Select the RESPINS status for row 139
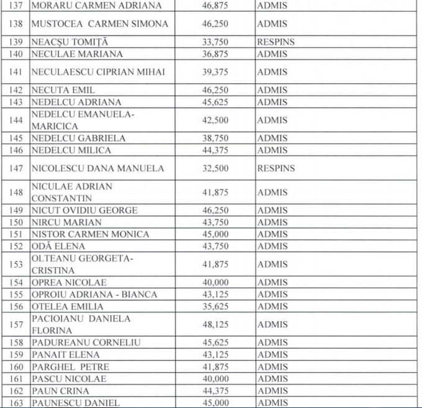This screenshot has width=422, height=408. [275, 42]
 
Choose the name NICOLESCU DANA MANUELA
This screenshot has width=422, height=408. [97, 168]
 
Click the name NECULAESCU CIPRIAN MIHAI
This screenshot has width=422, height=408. [98, 72]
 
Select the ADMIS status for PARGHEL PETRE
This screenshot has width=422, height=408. [272, 366]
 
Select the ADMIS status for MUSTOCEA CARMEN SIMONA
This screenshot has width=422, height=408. [272, 24]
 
